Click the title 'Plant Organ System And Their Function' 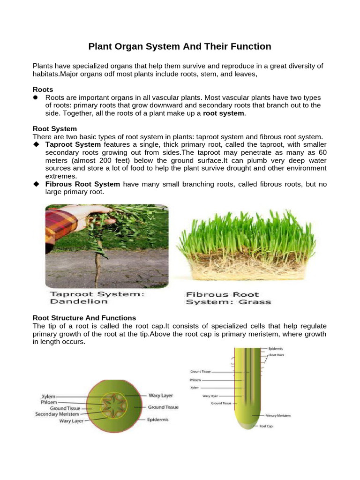180,46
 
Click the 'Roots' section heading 43,89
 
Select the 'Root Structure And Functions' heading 84,318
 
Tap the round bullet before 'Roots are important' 35,97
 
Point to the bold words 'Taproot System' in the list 73,144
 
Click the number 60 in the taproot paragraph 322,152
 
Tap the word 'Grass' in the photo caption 254,302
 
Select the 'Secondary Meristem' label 57,414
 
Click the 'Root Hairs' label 276,355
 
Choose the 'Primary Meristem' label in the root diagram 278,415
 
